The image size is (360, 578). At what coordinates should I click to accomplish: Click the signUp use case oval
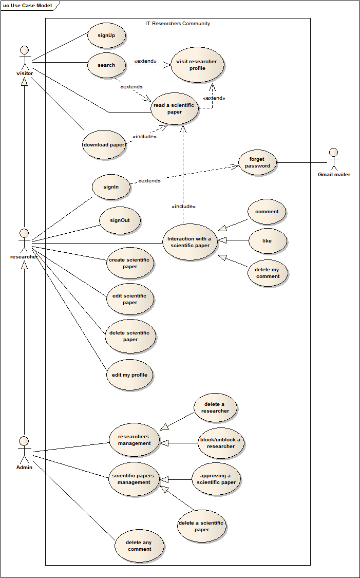pos(107,36)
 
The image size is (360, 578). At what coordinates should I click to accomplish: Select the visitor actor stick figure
pos(24,58)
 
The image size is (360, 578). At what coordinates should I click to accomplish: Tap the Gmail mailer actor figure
pos(334,159)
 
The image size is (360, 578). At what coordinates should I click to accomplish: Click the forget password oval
pos(257,163)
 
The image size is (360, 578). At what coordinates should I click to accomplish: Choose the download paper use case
pos(104,145)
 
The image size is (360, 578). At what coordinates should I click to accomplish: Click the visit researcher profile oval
pos(198,65)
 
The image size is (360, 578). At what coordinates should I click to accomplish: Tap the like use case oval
pos(267,240)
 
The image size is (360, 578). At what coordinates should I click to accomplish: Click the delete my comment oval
pos(268,273)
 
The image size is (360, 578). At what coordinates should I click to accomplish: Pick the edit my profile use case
pos(130,375)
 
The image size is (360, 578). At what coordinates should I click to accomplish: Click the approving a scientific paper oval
pos(216,479)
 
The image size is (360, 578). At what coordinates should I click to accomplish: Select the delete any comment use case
pos(140,546)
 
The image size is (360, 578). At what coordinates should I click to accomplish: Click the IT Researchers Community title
pos(178,24)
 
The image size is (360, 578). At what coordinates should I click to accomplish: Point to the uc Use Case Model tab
pos(28,5)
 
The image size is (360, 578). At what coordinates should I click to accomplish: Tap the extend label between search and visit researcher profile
pos(145,61)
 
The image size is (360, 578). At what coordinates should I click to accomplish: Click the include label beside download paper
pos(144,137)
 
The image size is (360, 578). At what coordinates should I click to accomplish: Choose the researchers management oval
pos(135,440)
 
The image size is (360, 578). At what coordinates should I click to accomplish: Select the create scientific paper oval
pos(129,264)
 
